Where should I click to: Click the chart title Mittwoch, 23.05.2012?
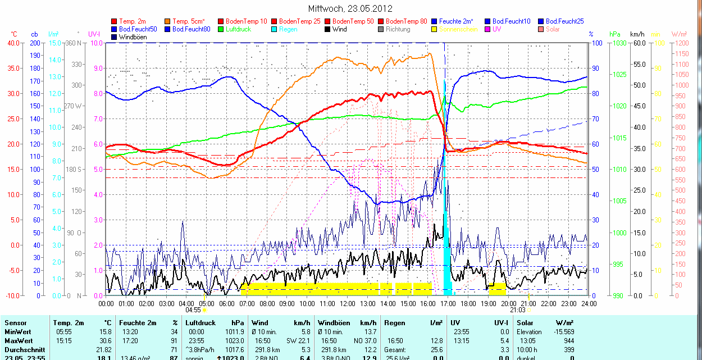[x=350, y=8]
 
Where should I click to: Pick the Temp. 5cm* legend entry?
[x=189, y=21]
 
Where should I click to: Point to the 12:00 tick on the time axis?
[x=347, y=303]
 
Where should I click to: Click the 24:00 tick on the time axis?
[x=588, y=303]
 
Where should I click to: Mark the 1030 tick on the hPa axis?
[x=619, y=43]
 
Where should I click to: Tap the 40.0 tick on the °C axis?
[x=12, y=43]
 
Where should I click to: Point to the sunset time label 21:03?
[x=518, y=309]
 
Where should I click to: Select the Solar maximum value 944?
[x=568, y=341]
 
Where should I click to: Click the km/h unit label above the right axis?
[x=637, y=34]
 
